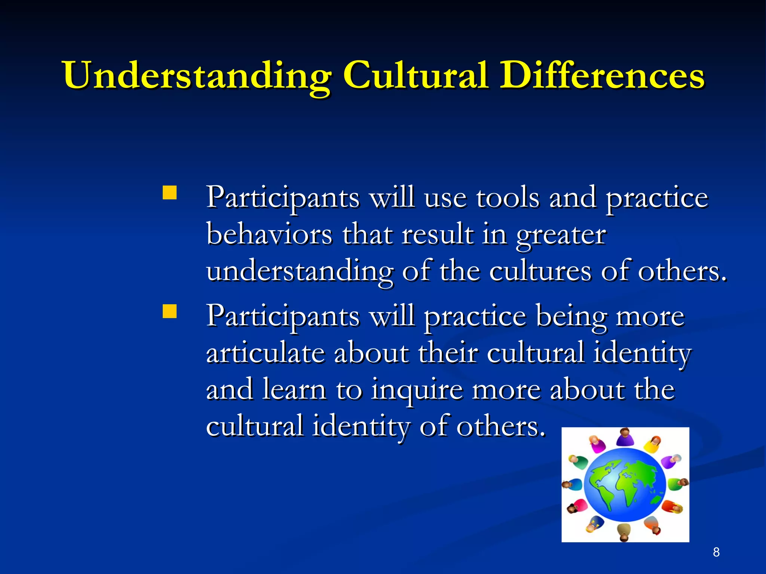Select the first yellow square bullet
[170, 193]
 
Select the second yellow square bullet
[170, 311]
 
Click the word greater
[561, 235]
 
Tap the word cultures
[540, 271]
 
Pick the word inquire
[417, 390]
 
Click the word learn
[294, 389]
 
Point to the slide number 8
[716, 552]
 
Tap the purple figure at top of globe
[624, 438]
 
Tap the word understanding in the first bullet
[299, 271]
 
